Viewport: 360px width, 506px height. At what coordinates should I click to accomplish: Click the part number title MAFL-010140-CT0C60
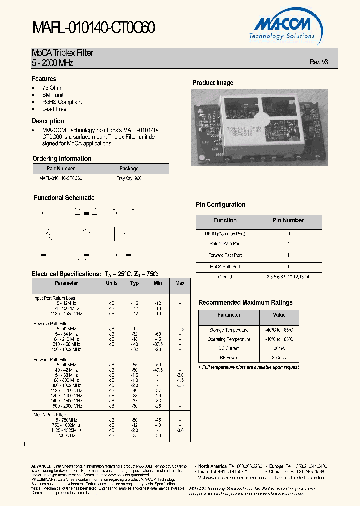click(x=93, y=28)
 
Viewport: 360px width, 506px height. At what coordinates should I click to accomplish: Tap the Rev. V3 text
click(x=319, y=62)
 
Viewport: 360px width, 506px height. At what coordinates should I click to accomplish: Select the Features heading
click(x=44, y=79)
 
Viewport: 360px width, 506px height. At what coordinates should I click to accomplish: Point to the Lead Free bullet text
click(x=54, y=109)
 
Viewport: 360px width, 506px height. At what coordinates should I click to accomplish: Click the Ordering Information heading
click(x=61, y=159)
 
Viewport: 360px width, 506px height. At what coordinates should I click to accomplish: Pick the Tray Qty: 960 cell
click(x=129, y=178)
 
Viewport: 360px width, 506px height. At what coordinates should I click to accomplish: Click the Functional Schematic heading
click(x=64, y=198)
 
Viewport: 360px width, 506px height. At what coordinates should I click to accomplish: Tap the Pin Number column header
click(x=288, y=220)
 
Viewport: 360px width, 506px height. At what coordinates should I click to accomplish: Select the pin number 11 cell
click(x=288, y=233)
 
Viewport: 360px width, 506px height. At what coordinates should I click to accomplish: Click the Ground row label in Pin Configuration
click(x=225, y=277)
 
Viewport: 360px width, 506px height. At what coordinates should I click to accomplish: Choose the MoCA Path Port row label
click(x=225, y=266)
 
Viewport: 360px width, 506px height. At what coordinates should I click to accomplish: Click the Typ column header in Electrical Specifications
click(x=134, y=283)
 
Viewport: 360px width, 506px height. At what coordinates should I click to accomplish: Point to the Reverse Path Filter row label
click(x=51, y=323)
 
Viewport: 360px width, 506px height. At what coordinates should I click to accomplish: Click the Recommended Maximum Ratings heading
click(x=245, y=303)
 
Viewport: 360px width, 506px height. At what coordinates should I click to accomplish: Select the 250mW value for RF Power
click(x=279, y=357)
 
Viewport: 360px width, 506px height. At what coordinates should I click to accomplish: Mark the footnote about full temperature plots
click(x=250, y=367)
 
